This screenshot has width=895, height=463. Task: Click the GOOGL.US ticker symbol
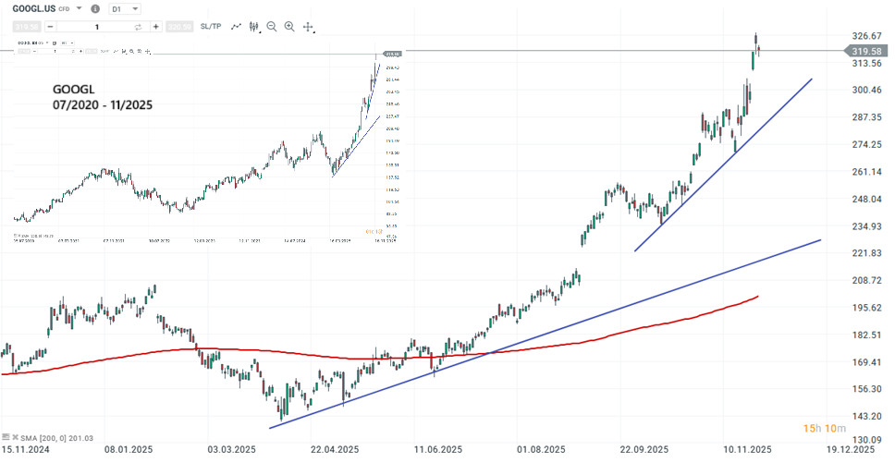36,8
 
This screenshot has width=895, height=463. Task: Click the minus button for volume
50,28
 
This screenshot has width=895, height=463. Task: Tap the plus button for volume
143,28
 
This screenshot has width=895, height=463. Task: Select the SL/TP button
211,27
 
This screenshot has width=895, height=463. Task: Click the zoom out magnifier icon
271,28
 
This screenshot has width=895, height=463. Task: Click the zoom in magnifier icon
289,28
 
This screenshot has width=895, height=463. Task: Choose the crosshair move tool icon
309,28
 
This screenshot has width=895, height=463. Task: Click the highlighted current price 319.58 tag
869,51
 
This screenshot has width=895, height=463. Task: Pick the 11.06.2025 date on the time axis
438,450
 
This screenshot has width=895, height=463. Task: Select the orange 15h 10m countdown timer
822,428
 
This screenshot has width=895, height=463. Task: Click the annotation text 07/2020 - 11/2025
103,106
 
